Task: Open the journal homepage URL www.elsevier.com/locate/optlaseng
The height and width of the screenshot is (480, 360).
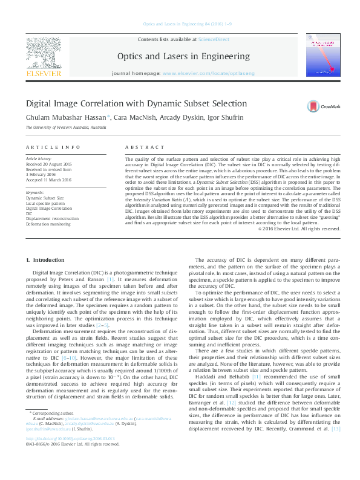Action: [208, 73]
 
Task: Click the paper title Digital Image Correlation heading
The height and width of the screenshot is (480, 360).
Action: [136, 104]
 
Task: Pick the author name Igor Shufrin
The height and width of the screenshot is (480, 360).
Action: [209, 117]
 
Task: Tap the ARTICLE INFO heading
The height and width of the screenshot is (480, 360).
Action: [53, 148]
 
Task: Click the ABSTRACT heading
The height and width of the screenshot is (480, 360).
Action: [140, 148]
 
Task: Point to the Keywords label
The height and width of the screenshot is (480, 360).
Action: [34, 192]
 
